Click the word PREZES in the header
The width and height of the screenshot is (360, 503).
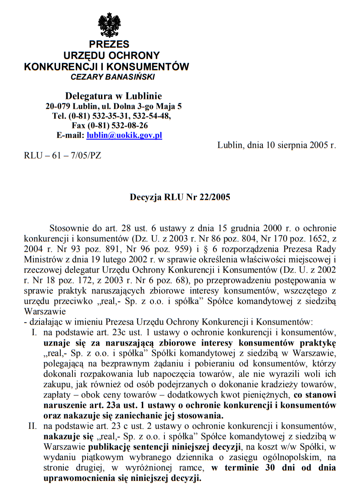pyautogui.click(x=109, y=44)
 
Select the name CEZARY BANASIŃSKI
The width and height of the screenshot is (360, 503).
pyautogui.click(x=113, y=77)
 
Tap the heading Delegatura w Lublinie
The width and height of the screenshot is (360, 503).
pyautogui.click(x=113, y=96)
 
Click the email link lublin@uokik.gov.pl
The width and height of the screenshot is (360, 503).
pyautogui.click(x=124, y=135)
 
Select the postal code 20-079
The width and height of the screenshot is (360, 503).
pyautogui.click(x=59, y=106)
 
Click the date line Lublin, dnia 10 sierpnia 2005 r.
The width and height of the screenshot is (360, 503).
pyautogui.click(x=277, y=145)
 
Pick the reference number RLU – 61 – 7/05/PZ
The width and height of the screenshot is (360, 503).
pyautogui.click(x=62, y=155)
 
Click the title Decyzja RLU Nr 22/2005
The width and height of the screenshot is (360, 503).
pyautogui.click(x=180, y=197)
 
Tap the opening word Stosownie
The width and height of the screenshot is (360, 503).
pyautogui.click(x=68, y=228)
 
